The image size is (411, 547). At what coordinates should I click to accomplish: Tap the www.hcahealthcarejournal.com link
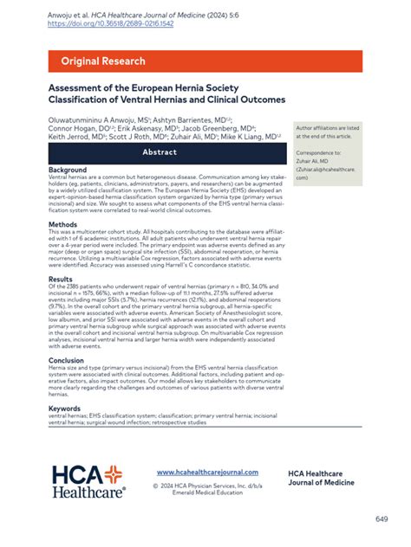pyautogui.click(x=207, y=473)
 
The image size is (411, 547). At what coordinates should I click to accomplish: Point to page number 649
pyautogui.click(x=381, y=518)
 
